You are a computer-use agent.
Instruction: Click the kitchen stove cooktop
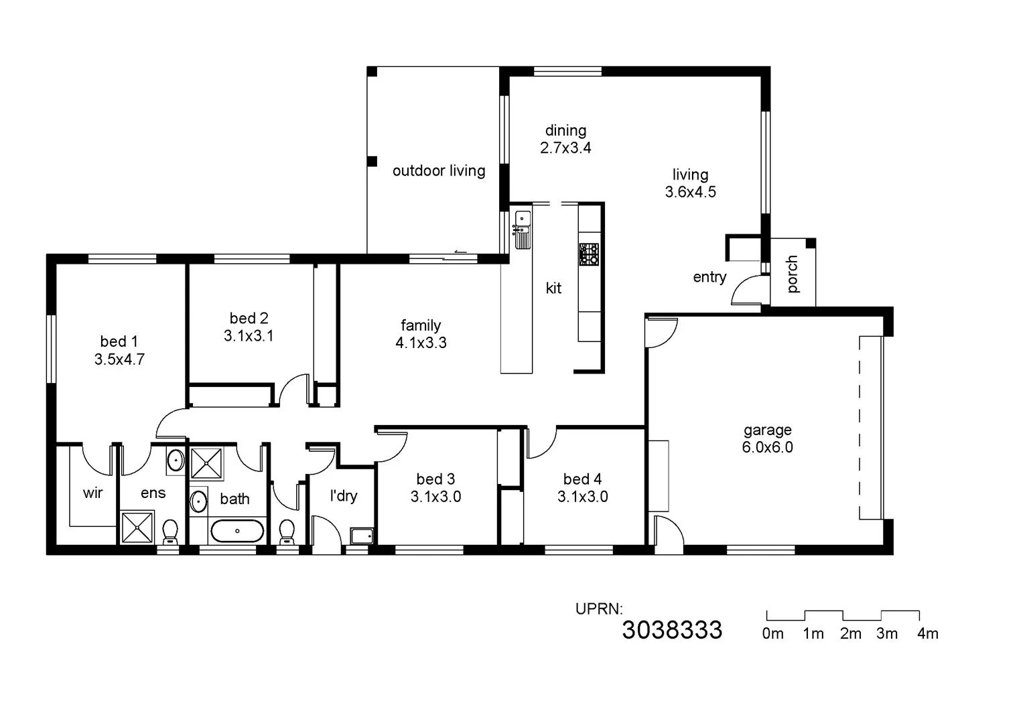[590, 254]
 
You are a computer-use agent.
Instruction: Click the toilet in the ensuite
[170, 532]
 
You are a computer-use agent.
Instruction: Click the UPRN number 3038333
[672, 630]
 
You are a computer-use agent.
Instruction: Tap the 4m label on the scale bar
[927, 633]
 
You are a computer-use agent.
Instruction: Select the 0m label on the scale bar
[772, 633]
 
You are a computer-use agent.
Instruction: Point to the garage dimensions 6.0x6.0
[767, 447]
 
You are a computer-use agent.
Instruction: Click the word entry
[709, 277]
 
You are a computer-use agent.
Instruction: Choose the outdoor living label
[439, 171]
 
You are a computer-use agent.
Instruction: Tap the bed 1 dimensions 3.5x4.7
[119, 359]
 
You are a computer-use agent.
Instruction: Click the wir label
[92, 493]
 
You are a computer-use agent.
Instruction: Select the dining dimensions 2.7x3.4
[565, 148]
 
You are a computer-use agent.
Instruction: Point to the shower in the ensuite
[137, 527]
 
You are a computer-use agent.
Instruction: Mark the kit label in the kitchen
[553, 289]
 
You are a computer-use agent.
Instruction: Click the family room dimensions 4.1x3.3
[421, 343]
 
